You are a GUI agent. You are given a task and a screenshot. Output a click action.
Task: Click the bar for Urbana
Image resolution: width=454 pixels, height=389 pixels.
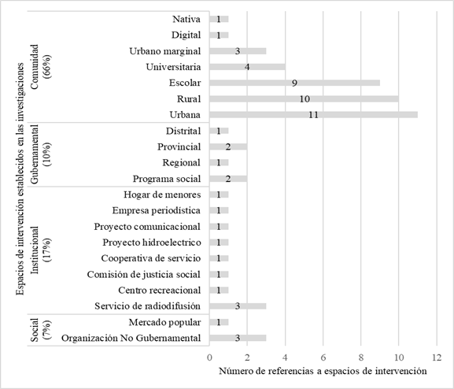(313, 115)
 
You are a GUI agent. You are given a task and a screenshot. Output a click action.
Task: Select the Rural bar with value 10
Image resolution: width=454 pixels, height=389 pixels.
(304, 98)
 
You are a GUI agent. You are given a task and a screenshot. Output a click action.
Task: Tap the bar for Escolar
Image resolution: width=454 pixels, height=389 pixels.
(294, 83)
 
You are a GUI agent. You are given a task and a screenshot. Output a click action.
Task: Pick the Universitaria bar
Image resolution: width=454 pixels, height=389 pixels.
(247, 67)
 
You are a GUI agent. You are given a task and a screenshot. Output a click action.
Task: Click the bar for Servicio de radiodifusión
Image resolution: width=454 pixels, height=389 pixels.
(238, 306)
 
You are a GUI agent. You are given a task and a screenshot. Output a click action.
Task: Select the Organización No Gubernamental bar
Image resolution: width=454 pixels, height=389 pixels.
(238, 338)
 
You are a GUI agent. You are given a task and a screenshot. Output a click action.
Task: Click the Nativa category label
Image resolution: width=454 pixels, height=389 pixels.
(185, 19)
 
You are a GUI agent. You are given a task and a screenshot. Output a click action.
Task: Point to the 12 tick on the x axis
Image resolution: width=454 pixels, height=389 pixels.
(437, 357)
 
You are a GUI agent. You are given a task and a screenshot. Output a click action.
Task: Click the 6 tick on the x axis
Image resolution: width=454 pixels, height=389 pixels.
(323, 357)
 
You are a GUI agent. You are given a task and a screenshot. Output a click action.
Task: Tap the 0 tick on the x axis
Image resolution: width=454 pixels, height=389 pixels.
(210, 357)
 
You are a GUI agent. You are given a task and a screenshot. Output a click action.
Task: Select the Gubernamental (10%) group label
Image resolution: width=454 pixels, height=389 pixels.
(41, 154)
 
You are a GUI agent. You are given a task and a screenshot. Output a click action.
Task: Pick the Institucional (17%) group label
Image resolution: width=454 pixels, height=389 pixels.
(41, 250)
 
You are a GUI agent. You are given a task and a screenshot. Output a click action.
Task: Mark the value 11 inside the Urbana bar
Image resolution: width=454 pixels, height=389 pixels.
(313, 115)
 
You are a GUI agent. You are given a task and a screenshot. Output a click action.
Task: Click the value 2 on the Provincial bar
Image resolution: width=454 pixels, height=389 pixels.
(228, 146)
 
